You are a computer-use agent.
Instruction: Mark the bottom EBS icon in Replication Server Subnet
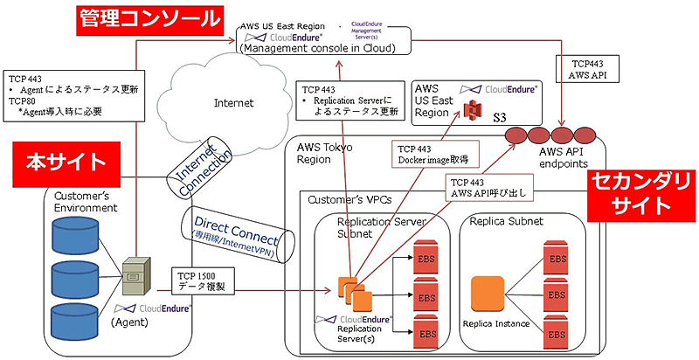[425, 332]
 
